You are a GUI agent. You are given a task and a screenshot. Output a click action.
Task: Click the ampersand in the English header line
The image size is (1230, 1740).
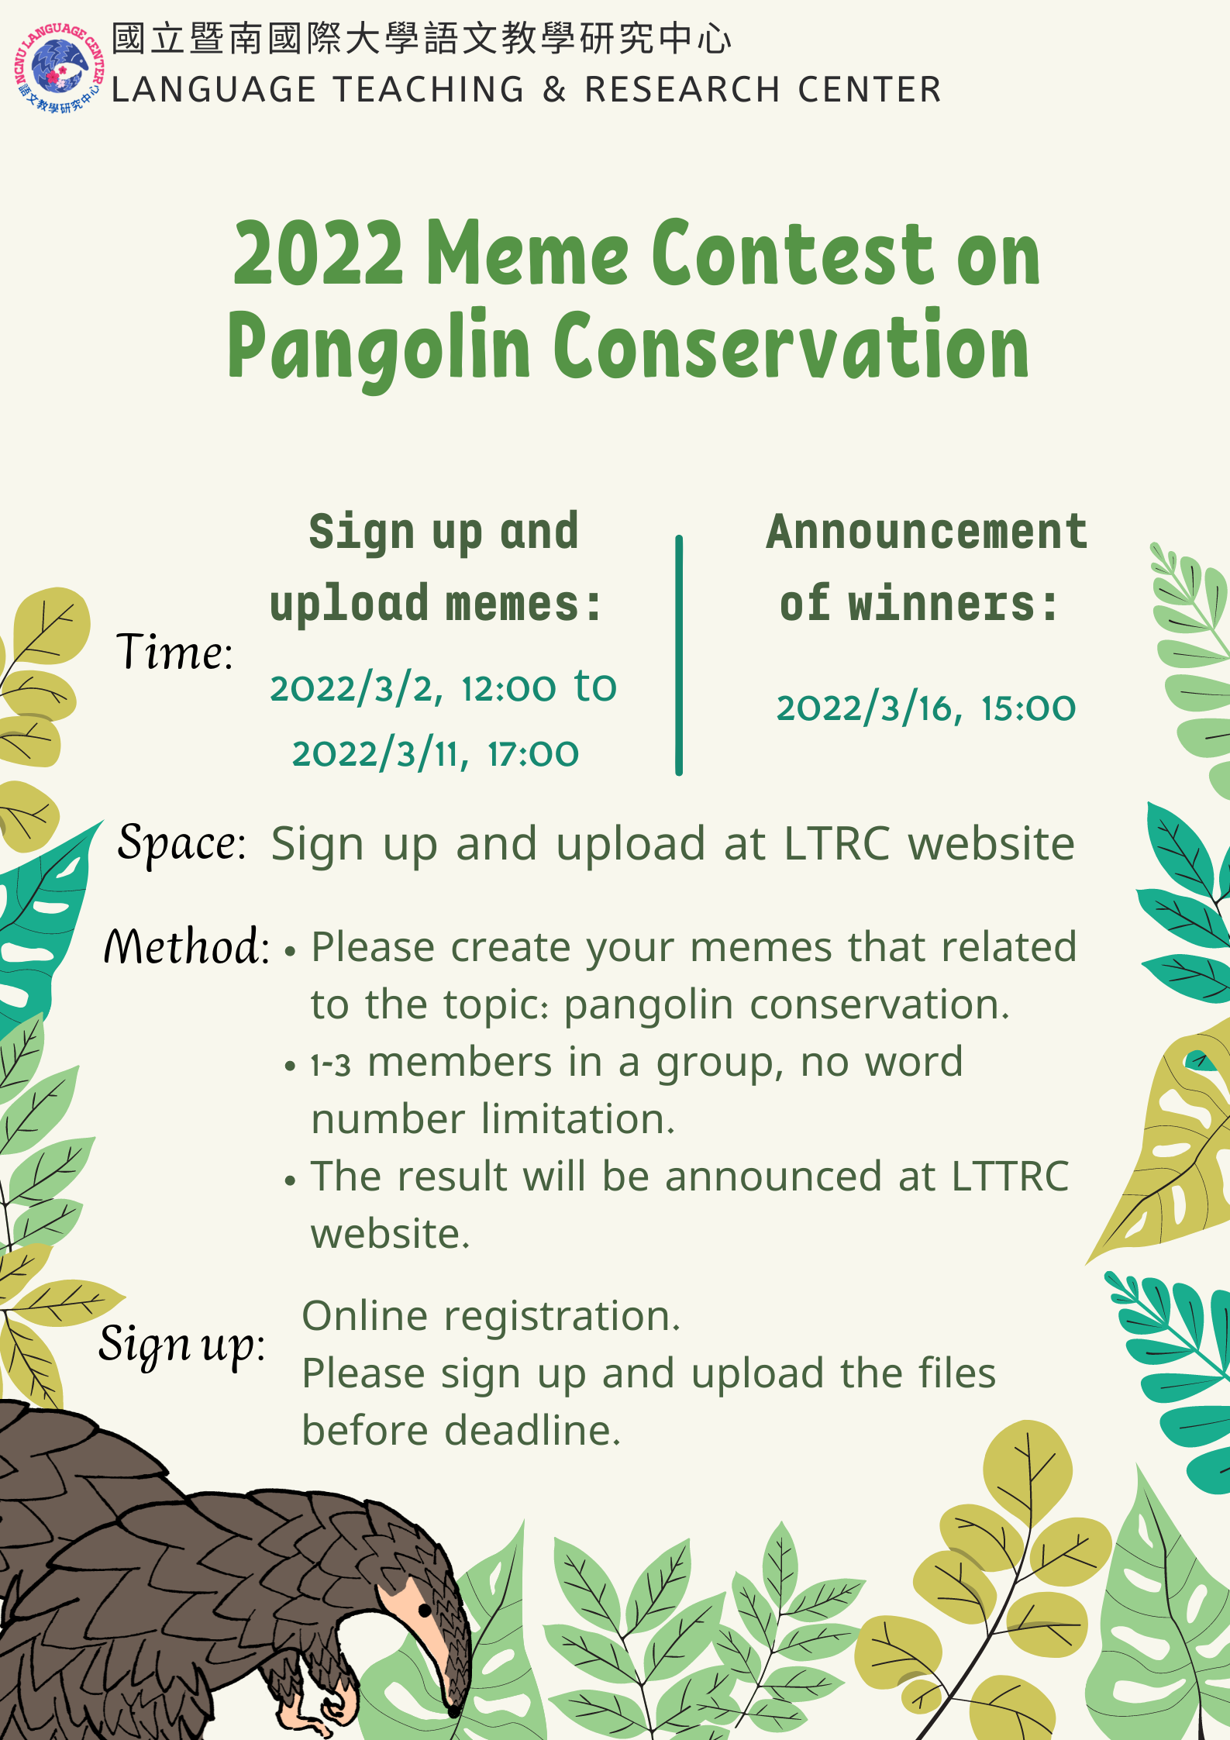(554, 90)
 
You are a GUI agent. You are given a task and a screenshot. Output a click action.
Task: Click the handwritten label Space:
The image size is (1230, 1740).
(181, 843)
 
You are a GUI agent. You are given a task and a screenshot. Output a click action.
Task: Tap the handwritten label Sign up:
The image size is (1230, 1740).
(181, 1345)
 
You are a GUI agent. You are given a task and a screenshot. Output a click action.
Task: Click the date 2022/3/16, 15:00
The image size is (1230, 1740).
(926, 708)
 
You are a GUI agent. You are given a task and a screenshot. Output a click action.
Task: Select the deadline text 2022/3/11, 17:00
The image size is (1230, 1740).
(435, 754)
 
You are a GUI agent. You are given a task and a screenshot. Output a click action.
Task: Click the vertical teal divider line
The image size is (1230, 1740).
(679, 655)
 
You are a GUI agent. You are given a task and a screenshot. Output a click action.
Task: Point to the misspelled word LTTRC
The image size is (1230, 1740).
(1010, 1177)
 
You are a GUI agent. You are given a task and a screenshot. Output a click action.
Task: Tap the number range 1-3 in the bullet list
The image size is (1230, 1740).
(331, 1065)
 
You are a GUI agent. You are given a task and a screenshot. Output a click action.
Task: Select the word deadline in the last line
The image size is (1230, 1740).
(532, 1430)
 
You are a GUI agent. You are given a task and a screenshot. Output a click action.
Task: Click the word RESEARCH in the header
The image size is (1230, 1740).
(682, 90)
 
